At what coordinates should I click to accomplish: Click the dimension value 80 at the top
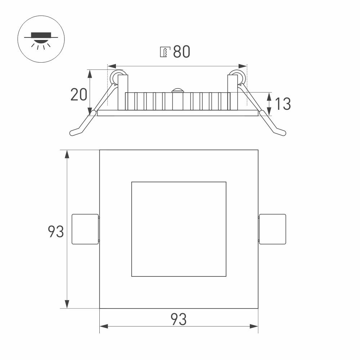pyautogui.click(x=181, y=51)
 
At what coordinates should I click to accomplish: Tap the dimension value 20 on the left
pyautogui.click(x=79, y=94)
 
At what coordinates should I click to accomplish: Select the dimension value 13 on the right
pyautogui.click(x=283, y=104)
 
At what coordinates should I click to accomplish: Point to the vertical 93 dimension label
pyautogui.click(x=55, y=231)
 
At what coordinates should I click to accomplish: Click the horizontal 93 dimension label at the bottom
pyautogui.click(x=179, y=319)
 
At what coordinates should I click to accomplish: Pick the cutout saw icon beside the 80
pyautogui.click(x=165, y=51)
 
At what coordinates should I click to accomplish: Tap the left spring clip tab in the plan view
pyautogui.click(x=85, y=229)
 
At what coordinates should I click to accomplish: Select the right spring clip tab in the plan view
pyautogui.click(x=272, y=229)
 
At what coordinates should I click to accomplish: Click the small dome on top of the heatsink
pyautogui.click(x=177, y=90)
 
